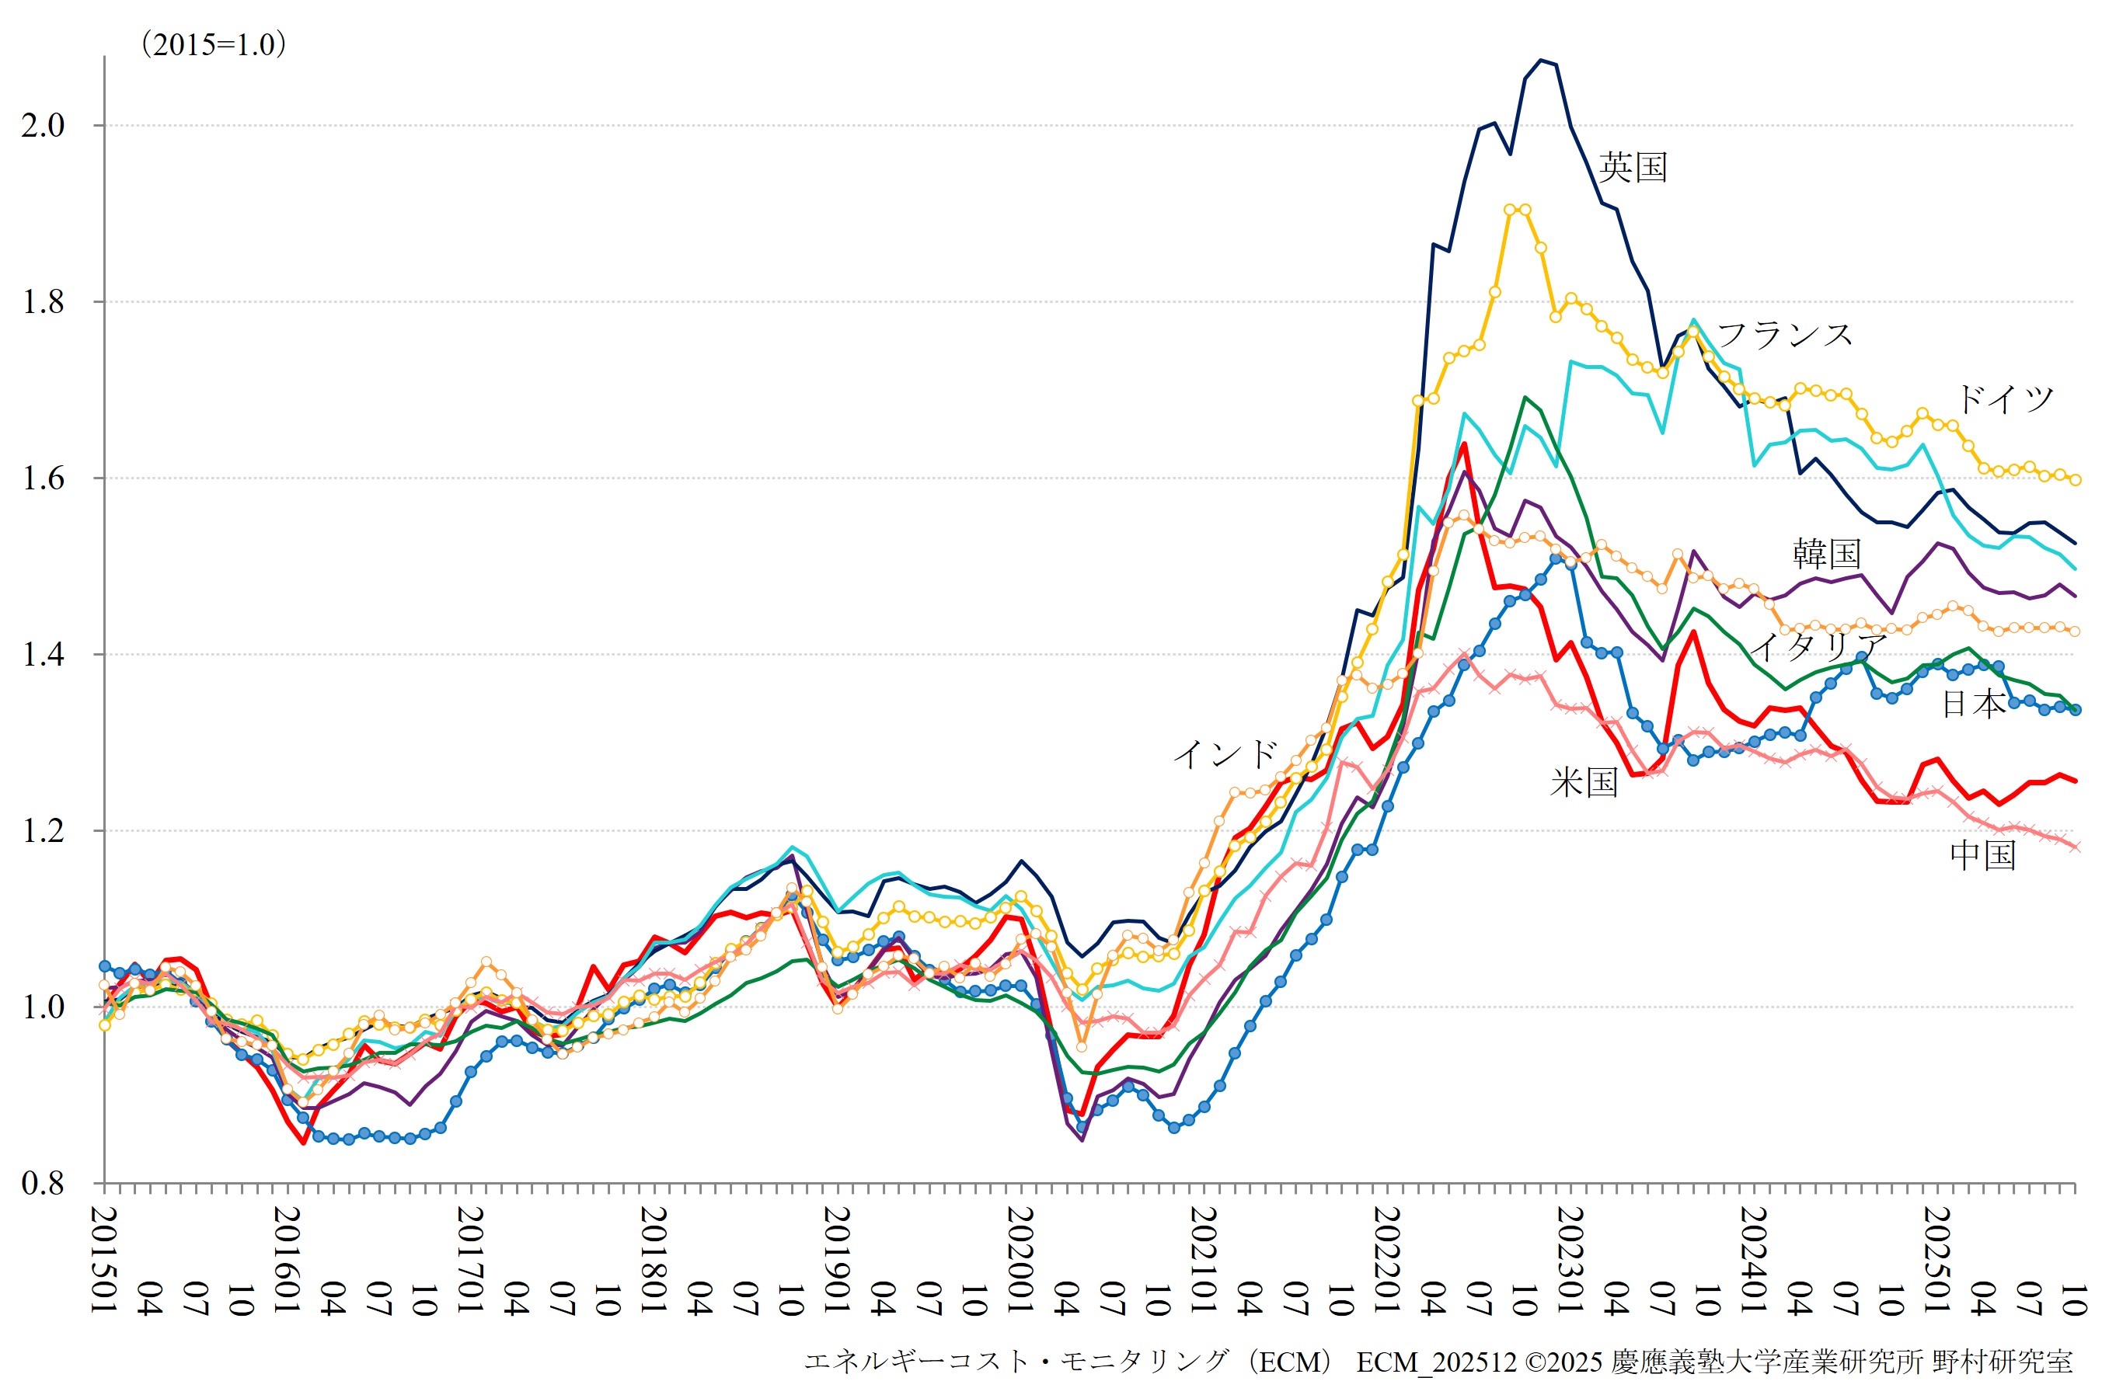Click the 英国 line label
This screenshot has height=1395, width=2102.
[1632, 167]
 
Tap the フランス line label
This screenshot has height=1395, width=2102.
[1784, 336]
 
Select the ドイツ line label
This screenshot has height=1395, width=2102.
[2004, 399]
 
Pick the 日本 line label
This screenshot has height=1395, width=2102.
[1973, 704]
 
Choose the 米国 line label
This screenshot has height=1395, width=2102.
[1583, 782]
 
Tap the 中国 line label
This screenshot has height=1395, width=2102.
[1983, 855]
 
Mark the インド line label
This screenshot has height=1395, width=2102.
[1225, 754]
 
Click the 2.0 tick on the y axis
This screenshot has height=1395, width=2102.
[44, 126]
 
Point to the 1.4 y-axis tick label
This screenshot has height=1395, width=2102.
[44, 655]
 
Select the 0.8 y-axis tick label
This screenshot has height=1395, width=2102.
[44, 1183]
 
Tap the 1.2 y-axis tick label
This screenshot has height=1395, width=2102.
[44, 831]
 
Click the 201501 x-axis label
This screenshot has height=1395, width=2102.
[105, 1260]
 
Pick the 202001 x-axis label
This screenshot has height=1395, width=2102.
[1020, 1260]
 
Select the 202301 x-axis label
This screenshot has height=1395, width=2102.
[1569, 1260]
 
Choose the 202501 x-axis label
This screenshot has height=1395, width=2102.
[1936, 1260]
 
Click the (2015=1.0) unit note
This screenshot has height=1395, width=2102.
[214, 44]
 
